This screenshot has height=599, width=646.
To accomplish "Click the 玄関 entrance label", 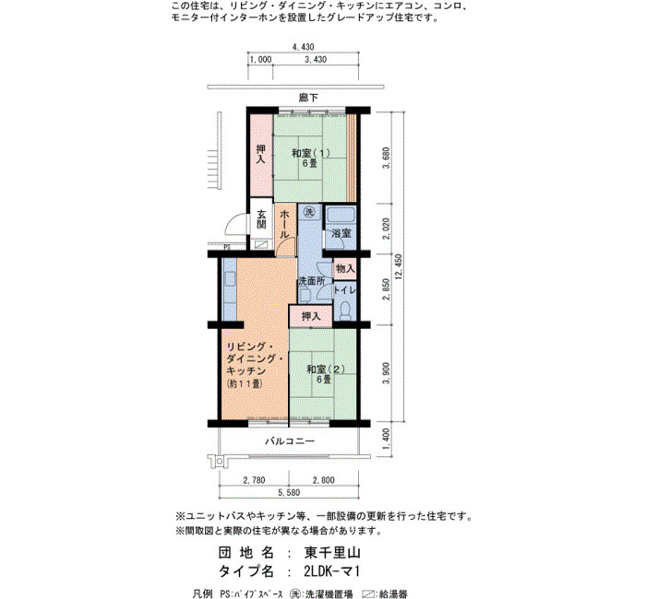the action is coord(261,219).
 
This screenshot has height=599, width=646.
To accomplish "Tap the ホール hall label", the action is coord(284,224).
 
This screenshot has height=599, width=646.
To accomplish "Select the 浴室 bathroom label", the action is coord(341,233).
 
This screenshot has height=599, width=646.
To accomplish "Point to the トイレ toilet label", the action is coord(344,289).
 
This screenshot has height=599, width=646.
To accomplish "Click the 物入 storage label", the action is coord(345,269).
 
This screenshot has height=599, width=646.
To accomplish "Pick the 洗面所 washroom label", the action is coord(312,281).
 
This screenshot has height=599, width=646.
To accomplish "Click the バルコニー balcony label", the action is coord(290,441).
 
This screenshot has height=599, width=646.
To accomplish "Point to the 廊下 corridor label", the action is coord(308,98).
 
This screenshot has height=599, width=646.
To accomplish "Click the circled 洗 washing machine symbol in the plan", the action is coord(309,212).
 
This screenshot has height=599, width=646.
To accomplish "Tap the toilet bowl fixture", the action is coord(345,311).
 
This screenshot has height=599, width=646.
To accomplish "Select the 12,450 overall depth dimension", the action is coord(399,266).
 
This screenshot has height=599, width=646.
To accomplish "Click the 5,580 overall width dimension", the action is coord(289,492).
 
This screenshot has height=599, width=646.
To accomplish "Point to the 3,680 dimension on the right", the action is coord(386,158).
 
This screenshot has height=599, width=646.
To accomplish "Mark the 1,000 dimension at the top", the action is coord(260,59).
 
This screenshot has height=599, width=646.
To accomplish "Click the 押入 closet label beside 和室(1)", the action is coord(261,154).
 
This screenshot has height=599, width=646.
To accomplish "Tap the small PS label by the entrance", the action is coord(227,248).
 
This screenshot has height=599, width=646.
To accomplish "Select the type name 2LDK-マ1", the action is coord(331,571).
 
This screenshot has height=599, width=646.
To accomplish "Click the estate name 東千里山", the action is coord(332,552).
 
